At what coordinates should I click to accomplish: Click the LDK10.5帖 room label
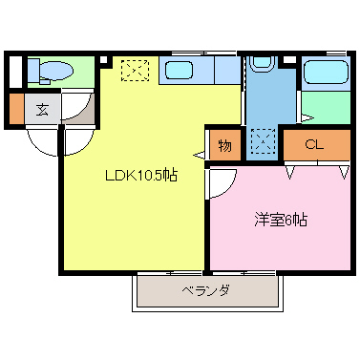click(x=140, y=176)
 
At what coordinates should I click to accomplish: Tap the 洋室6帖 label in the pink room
click(x=281, y=219)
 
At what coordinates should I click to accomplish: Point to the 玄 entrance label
click(x=44, y=108)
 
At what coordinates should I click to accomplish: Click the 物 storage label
click(x=224, y=145)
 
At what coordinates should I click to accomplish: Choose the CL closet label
click(x=312, y=145)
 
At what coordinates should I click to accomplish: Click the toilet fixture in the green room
click(x=53, y=71)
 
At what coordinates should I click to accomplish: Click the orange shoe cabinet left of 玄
click(x=16, y=108)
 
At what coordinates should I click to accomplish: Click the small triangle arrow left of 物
click(x=198, y=153)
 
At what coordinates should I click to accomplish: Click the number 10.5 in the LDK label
click(x=152, y=176)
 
